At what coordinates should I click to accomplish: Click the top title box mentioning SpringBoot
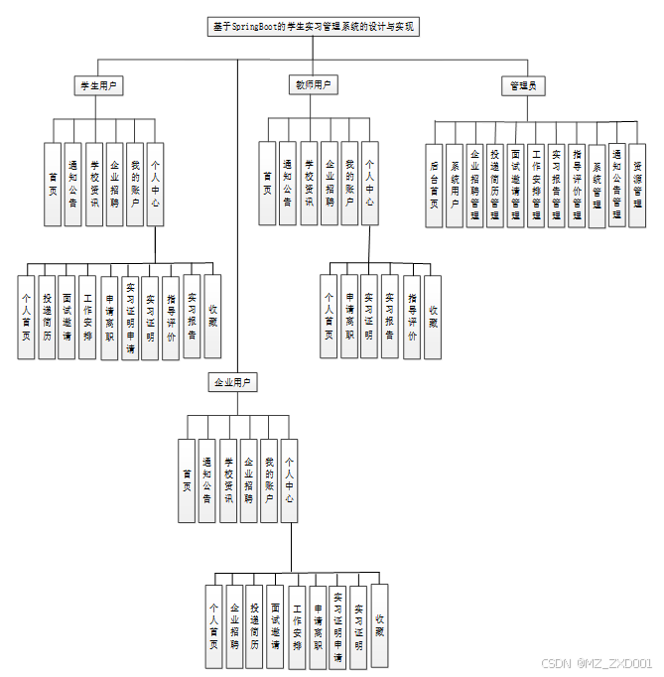[314, 28]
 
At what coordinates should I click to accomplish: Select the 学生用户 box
[98, 86]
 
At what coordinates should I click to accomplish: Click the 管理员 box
[522, 86]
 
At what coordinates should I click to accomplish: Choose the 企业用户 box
[232, 382]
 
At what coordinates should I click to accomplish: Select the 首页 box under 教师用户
[267, 184]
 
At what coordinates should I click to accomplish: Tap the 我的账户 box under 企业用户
[269, 480]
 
